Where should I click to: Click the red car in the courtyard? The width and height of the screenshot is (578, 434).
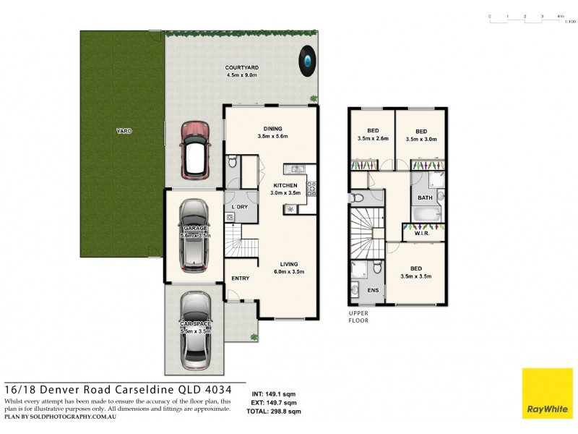(195, 150)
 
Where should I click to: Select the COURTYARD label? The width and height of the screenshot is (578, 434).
(241, 67)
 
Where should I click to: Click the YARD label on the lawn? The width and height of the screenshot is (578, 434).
(124, 131)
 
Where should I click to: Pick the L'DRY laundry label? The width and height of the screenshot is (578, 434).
(240, 207)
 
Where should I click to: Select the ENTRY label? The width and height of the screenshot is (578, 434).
(241, 278)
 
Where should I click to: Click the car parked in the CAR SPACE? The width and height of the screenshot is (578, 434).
(195, 328)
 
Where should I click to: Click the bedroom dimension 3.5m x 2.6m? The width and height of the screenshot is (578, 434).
(373, 138)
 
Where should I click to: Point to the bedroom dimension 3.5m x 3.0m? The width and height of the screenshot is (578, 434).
(421, 138)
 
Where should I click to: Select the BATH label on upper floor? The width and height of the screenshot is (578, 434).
(425, 197)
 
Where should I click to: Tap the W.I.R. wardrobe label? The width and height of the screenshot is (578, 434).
(423, 234)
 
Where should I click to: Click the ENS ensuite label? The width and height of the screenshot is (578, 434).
(374, 290)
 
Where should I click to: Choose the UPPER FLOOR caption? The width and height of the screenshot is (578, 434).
(359, 317)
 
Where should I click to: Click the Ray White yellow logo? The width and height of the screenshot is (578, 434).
(547, 393)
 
